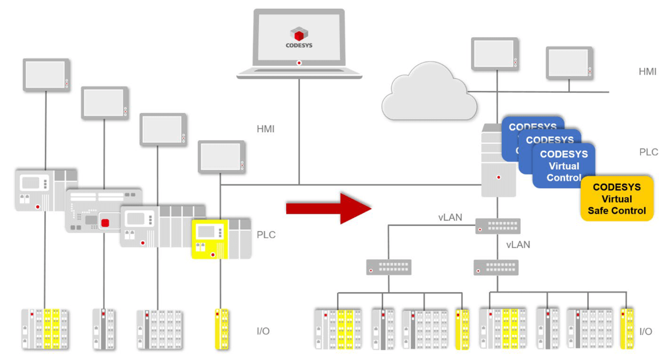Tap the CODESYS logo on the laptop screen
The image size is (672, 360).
pos(299,37)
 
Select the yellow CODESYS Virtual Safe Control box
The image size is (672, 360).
pos(617,199)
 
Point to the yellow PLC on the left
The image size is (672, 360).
pos(210,239)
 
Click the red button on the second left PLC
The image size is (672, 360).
pos(105,223)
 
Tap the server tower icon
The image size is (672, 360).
pos(498,162)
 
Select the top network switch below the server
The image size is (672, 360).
pos(498,226)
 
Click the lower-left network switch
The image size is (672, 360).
pos(388,267)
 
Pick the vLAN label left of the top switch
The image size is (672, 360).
pos(450,217)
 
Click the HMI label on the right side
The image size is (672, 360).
pos(647,71)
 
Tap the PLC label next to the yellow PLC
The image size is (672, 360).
pos(267,235)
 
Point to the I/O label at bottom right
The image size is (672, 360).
pos(646,332)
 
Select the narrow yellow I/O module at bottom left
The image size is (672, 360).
pos(221,329)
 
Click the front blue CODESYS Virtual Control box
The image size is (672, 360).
pos(563,166)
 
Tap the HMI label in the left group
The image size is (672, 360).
pos(266,129)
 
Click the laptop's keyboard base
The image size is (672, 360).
pos(299,73)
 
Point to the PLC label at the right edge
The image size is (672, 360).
pos(648,152)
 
